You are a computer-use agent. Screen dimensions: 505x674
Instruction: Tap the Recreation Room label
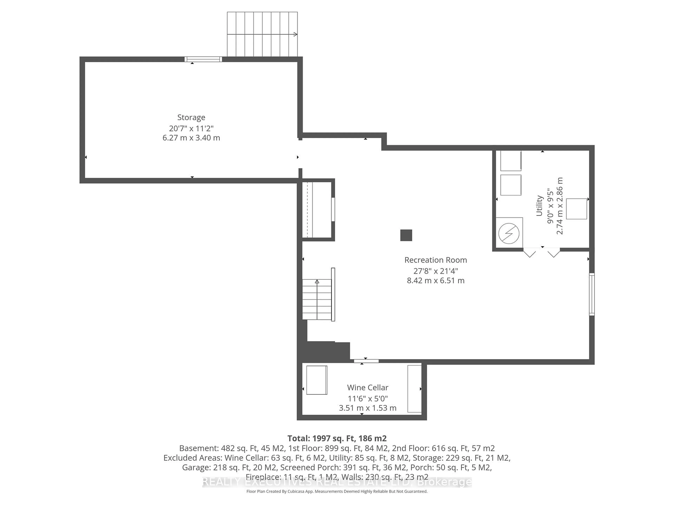click(435, 260)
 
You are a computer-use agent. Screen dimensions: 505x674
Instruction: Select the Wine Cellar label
click(368, 388)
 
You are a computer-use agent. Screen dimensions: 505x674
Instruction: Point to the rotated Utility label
click(539, 206)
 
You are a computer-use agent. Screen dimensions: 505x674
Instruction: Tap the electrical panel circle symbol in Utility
click(508, 234)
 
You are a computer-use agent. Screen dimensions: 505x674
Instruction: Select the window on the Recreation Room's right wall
click(592, 294)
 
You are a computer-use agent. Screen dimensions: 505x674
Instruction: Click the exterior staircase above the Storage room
click(262, 34)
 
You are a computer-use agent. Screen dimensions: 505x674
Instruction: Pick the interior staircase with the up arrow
click(317, 299)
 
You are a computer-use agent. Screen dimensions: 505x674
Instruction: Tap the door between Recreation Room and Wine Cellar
click(366, 361)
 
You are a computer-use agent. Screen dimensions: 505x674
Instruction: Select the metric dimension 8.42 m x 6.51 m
click(435, 280)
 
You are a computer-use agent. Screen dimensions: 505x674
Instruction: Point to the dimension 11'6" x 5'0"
click(368, 398)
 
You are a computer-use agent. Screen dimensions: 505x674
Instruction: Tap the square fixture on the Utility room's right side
click(576, 209)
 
